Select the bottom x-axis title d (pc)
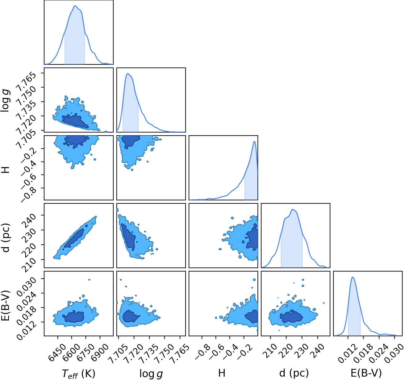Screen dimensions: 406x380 (x=294, y=373)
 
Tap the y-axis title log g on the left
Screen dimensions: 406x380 (x=5, y=100)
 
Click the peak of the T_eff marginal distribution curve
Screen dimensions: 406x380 (x=75, y=6)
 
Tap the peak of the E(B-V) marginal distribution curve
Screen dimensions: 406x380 (x=353, y=277)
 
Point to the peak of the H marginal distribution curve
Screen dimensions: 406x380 (x=254, y=141)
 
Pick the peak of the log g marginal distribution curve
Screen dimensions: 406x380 (x=128, y=73)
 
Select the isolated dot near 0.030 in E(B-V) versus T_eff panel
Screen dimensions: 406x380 (x=89, y=280)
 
